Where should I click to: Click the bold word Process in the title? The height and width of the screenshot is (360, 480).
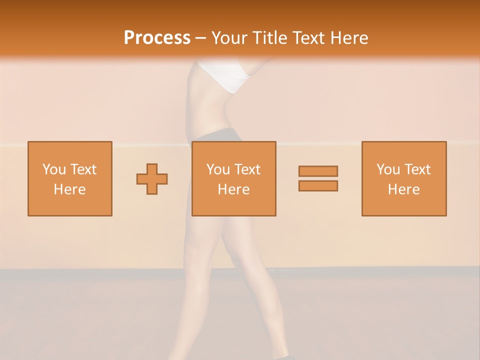(157, 37)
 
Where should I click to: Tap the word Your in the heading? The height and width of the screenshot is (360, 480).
(229, 38)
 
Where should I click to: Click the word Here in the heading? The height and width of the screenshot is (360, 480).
(351, 38)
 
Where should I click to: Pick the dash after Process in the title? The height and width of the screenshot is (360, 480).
(201, 38)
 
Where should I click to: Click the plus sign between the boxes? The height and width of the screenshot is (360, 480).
(152, 179)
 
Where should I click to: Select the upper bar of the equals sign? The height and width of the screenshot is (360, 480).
(318, 171)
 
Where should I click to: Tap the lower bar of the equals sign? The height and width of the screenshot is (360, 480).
(318, 186)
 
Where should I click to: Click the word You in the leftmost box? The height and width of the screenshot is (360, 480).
(54, 169)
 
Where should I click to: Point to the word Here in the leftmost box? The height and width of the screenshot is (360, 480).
(69, 189)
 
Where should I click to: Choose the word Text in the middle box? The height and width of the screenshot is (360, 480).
(247, 169)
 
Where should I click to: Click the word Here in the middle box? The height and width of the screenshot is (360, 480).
(233, 189)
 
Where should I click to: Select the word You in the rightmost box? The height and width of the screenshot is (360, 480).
(388, 169)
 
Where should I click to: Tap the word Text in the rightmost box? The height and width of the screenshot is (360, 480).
(417, 169)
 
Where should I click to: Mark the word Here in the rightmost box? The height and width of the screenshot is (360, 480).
(403, 189)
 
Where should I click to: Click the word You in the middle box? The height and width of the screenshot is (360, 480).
(218, 169)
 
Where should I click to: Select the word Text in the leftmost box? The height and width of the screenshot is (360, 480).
(83, 169)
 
